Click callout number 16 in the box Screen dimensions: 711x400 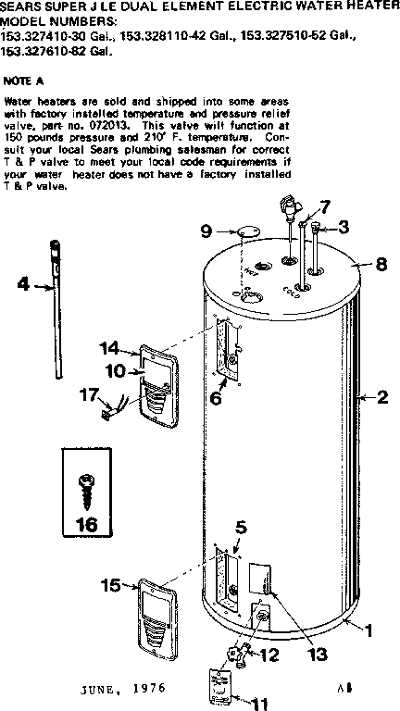point(85,524)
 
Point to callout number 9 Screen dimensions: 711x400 point(206,230)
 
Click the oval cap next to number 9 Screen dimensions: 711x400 point(244,230)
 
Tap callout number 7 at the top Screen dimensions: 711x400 point(323,206)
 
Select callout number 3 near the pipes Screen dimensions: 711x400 point(344,226)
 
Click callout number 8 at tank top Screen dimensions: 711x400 point(381,264)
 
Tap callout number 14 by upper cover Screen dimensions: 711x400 point(110,349)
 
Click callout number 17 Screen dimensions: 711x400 point(89,394)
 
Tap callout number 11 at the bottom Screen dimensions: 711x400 point(245,703)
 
